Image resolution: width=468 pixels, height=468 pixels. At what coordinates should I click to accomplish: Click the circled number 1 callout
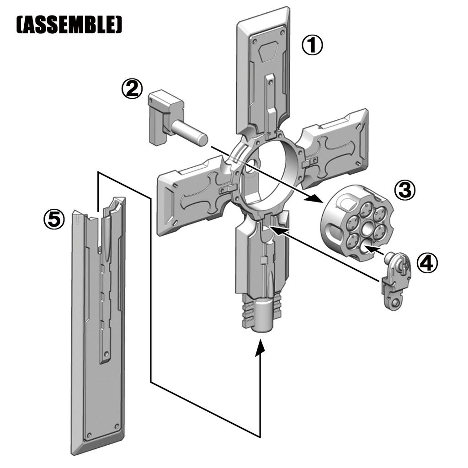click(x=312, y=46)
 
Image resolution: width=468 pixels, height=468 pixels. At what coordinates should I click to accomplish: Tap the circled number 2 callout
click(x=132, y=89)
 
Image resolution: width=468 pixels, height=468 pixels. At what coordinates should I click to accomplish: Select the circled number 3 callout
click(x=405, y=191)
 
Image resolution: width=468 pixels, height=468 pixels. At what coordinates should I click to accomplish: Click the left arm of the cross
click(x=192, y=197)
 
